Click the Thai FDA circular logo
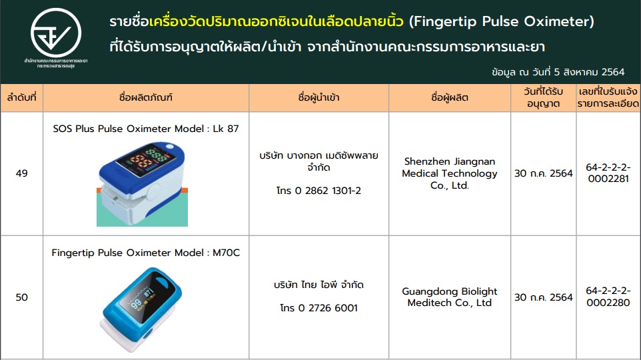pos(56,33)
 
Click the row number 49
pos(22,173)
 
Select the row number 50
pos(22,297)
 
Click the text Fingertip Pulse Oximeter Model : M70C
pos(146,253)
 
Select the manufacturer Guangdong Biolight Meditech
pos(450,297)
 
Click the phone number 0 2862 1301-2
pos(319,191)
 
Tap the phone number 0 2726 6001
pos(319,307)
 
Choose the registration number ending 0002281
pos(608,173)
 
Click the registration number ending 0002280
pos(608,297)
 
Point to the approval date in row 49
pos(543,173)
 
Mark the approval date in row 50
pos(543,297)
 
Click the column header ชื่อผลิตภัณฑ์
pos(146,98)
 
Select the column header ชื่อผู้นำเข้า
pos(319,98)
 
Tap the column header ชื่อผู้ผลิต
pos(450,98)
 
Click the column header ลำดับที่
pos(22,98)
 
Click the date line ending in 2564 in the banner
pos(558,73)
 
